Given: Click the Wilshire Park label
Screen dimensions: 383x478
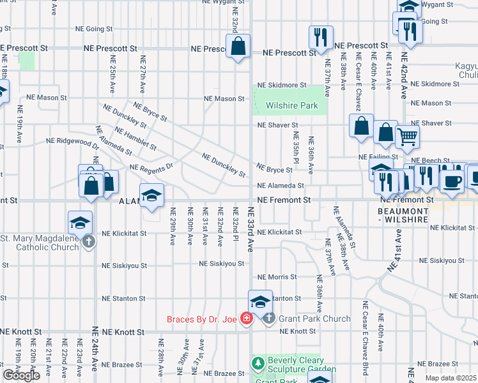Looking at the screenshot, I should [x=292, y=105].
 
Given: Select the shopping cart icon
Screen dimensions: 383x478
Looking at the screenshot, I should [x=407, y=135].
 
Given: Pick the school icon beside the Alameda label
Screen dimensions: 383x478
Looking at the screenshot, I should [x=152, y=196].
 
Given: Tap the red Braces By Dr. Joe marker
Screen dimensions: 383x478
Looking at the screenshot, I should [x=245, y=319].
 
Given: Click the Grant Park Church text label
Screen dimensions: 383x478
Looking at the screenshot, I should [x=314, y=319].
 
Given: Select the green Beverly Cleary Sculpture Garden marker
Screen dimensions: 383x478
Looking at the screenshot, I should [x=258, y=364].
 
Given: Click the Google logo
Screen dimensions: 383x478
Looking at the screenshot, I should [x=21, y=375].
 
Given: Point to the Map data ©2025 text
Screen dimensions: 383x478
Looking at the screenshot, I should [x=451, y=378].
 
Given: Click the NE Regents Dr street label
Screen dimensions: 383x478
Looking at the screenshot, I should [x=151, y=167].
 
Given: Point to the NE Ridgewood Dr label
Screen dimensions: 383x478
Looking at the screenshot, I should [x=72, y=140].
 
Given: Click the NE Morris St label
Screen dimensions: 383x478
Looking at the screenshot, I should [x=277, y=277].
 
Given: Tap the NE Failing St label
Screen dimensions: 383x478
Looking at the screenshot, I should [x=379, y=156].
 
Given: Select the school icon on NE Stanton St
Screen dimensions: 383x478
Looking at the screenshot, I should [x=260, y=301].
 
